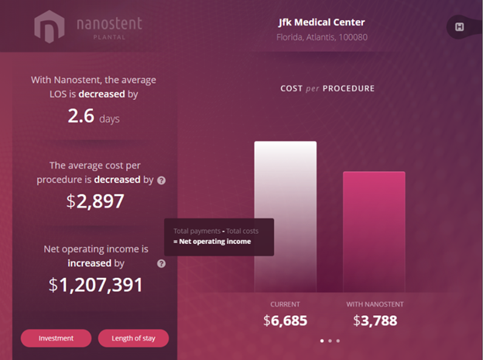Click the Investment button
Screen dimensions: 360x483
56,338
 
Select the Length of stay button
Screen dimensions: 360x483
133,338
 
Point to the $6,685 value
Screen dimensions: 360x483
285,320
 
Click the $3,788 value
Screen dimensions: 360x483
375,320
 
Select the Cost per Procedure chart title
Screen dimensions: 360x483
327,88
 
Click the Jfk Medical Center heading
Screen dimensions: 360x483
321,22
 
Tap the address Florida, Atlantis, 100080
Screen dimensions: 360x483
321,37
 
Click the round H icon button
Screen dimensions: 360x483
459,28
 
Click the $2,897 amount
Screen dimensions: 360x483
95,201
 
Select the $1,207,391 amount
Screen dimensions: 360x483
96,284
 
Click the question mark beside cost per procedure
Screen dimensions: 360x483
161,180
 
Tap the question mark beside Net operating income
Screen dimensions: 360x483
161,263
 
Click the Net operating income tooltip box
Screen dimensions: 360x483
219,236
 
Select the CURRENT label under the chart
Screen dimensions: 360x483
285,304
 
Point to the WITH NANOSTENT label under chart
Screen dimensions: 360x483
375,304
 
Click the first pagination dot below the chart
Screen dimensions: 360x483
321,341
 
